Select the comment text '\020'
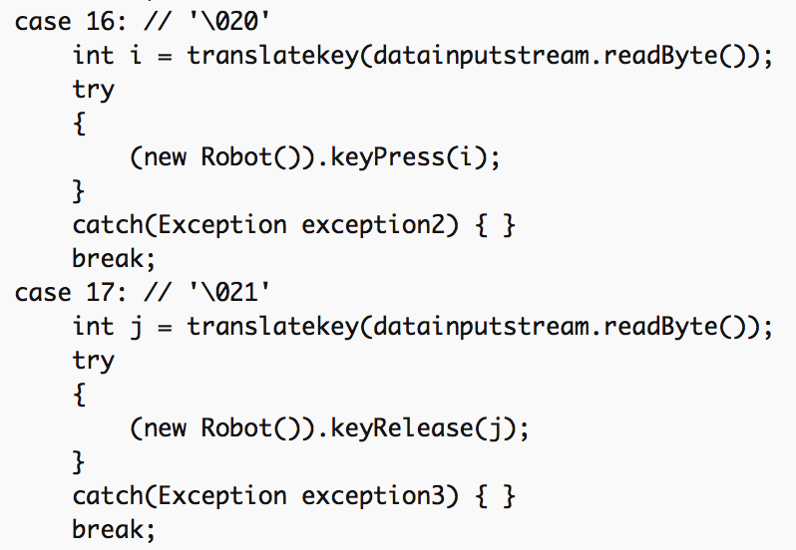pos(229,22)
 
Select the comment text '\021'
pos(229,293)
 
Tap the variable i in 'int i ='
pos(136,55)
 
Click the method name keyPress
pos(387,157)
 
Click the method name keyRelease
pos(402,428)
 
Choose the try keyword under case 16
pos(94,91)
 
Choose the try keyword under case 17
pos(94,361)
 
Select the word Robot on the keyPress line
pos(236,156)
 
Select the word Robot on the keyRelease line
pos(236,427)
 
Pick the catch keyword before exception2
pos(108,224)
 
